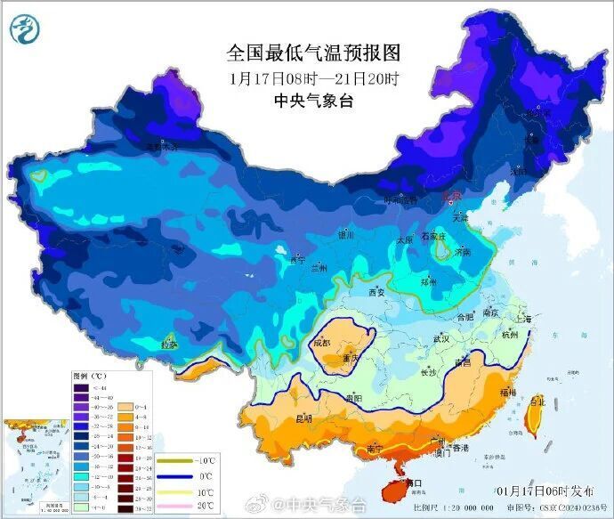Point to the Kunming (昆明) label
point(305,418)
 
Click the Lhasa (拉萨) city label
point(169,345)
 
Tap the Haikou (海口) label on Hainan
point(408,483)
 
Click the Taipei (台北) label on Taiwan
point(537,401)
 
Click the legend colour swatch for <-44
point(81,389)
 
